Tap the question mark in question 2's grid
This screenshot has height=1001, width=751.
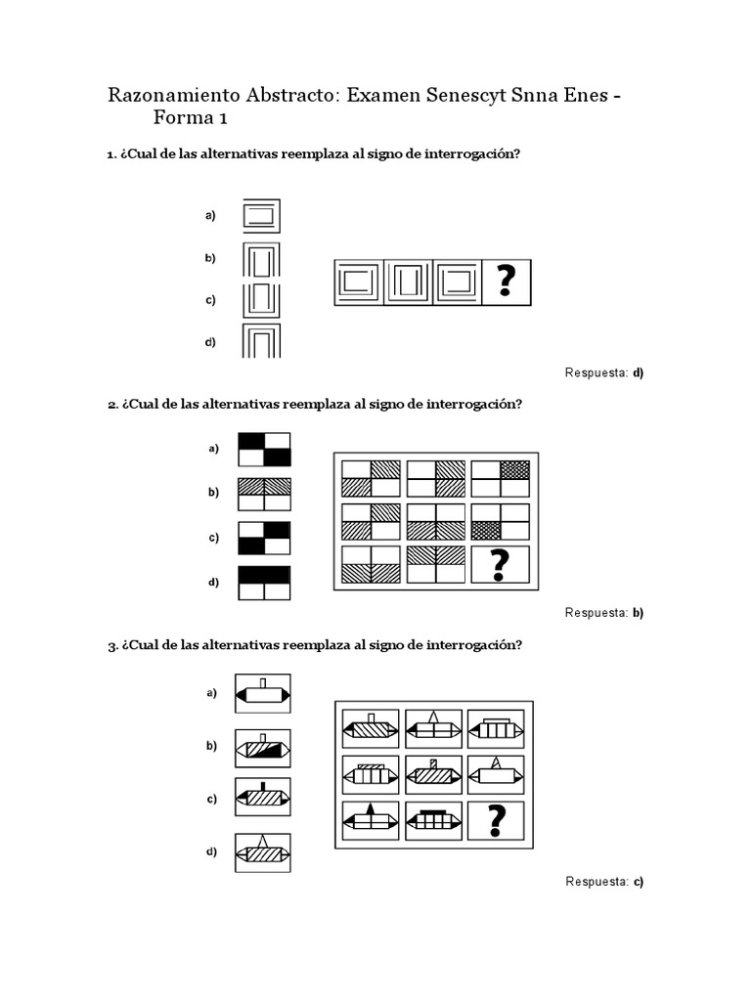[500, 565]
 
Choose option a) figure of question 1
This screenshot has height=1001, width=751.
[261, 215]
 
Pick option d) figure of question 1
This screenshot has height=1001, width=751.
[261, 342]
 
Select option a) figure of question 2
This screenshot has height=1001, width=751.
[264, 449]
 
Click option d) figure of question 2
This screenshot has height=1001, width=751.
[264, 583]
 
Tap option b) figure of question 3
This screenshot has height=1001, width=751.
[262, 748]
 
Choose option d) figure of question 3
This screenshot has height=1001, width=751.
[262, 851]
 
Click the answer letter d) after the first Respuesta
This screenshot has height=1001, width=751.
[638, 372]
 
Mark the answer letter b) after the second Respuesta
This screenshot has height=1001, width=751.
[638, 613]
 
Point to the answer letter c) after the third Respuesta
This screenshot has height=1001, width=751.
[638, 882]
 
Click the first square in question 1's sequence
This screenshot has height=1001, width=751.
[359, 283]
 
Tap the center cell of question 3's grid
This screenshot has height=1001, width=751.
[433, 775]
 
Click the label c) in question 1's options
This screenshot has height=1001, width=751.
[210, 300]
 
